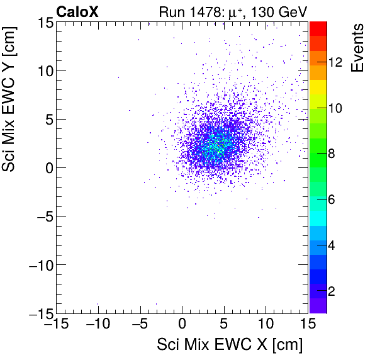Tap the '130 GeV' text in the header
281,11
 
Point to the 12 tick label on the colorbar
335,62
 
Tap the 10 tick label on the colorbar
335,108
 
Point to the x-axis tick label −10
98,324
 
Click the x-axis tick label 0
182,324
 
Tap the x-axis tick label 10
266,324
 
